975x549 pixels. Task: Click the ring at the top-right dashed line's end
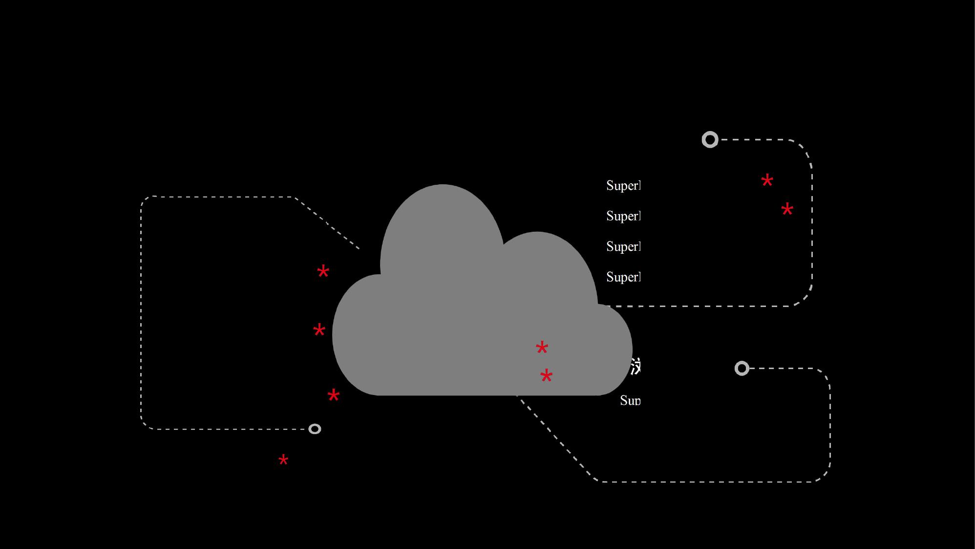click(710, 140)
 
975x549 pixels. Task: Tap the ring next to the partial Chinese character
click(742, 368)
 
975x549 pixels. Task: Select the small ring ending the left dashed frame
click(315, 429)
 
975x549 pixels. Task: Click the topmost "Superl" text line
click(623, 186)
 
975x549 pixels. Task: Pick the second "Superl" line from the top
click(623, 216)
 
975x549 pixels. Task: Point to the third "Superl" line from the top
click(623, 246)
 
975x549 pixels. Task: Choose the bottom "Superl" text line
click(623, 277)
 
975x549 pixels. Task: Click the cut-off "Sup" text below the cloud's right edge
click(630, 401)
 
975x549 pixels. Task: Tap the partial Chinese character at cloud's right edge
click(635, 366)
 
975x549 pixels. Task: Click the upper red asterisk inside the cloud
click(542, 348)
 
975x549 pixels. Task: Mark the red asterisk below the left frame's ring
click(283, 460)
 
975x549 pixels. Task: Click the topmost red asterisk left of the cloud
click(323, 271)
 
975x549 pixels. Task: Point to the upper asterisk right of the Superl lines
click(767, 180)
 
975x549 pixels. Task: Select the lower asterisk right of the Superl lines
click(787, 210)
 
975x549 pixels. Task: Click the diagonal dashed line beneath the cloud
click(554, 438)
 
